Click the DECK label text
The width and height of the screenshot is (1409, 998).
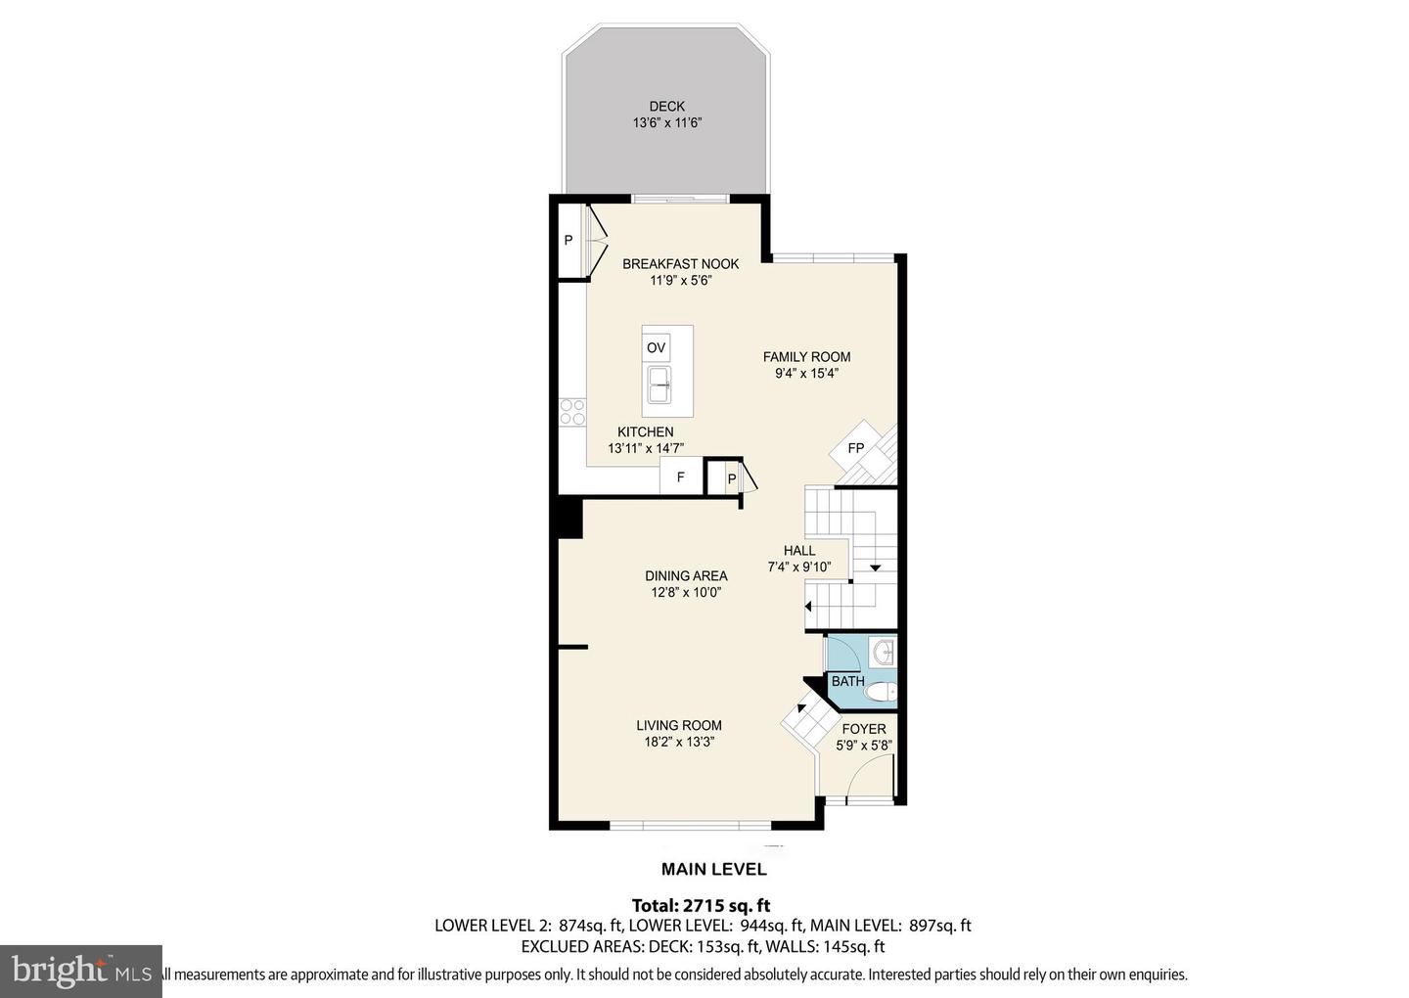(x=666, y=107)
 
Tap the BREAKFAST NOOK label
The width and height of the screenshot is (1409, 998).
(x=680, y=264)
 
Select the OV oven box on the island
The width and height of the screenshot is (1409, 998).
(x=656, y=347)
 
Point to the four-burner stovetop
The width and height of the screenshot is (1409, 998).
(x=571, y=411)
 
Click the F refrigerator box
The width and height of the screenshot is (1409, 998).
(x=681, y=478)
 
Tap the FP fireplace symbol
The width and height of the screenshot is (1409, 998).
(x=855, y=448)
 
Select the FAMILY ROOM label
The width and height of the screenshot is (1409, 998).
(x=806, y=357)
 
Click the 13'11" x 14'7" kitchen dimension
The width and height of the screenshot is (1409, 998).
(x=645, y=448)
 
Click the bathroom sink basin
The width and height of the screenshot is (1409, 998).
(x=883, y=651)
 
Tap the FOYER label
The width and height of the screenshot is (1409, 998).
(x=863, y=729)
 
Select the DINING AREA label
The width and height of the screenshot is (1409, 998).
(x=685, y=576)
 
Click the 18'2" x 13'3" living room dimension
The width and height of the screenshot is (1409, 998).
(x=678, y=742)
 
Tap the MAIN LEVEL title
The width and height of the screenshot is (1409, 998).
(x=713, y=869)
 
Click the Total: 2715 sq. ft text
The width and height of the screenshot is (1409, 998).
(x=707, y=906)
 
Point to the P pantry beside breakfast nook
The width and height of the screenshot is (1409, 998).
(x=568, y=240)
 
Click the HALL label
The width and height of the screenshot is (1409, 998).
(x=798, y=551)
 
